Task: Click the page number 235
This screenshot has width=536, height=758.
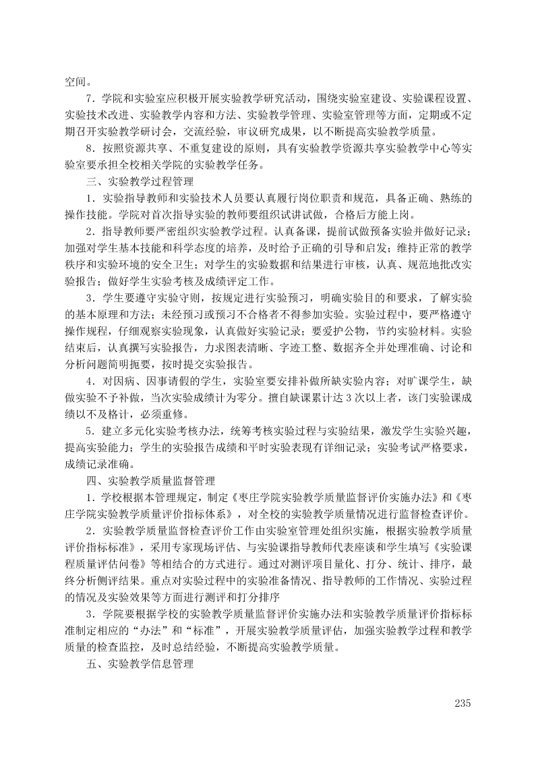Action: tap(462, 703)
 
